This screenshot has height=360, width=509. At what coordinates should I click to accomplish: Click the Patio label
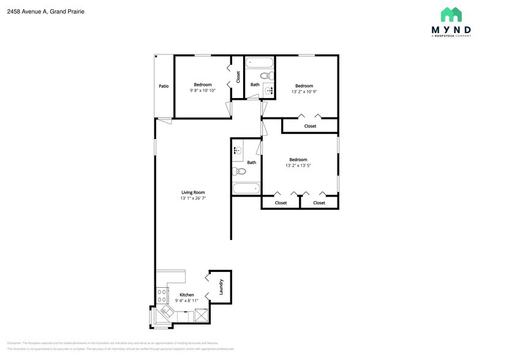click(x=164, y=86)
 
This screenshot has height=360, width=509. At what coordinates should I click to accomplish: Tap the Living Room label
click(x=192, y=192)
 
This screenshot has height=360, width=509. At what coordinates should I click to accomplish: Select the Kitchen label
click(x=186, y=294)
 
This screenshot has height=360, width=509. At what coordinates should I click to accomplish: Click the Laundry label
click(x=221, y=286)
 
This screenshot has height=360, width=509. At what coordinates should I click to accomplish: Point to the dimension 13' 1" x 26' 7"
click(x=192, y=199)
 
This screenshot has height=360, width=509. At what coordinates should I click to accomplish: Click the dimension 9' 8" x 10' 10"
click(x=203, y=91)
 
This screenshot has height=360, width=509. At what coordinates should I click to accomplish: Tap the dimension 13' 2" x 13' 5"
click(x=298, y=166)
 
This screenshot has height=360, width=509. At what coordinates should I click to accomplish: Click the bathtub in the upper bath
click(x=260, y=62)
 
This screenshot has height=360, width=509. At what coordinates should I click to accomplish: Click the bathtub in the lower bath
click(x=246, y=189)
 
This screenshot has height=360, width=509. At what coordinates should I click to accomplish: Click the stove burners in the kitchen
click(x=162, y=296)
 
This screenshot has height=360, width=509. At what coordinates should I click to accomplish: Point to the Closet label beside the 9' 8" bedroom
click(x=238, y=77)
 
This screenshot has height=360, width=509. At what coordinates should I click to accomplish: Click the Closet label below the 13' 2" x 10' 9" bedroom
click(x=310, y=126)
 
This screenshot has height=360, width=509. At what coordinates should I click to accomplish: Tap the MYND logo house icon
click(x=451, y=15)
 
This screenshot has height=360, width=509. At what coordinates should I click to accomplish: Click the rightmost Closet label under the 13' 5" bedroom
click(x=319, y=203)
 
